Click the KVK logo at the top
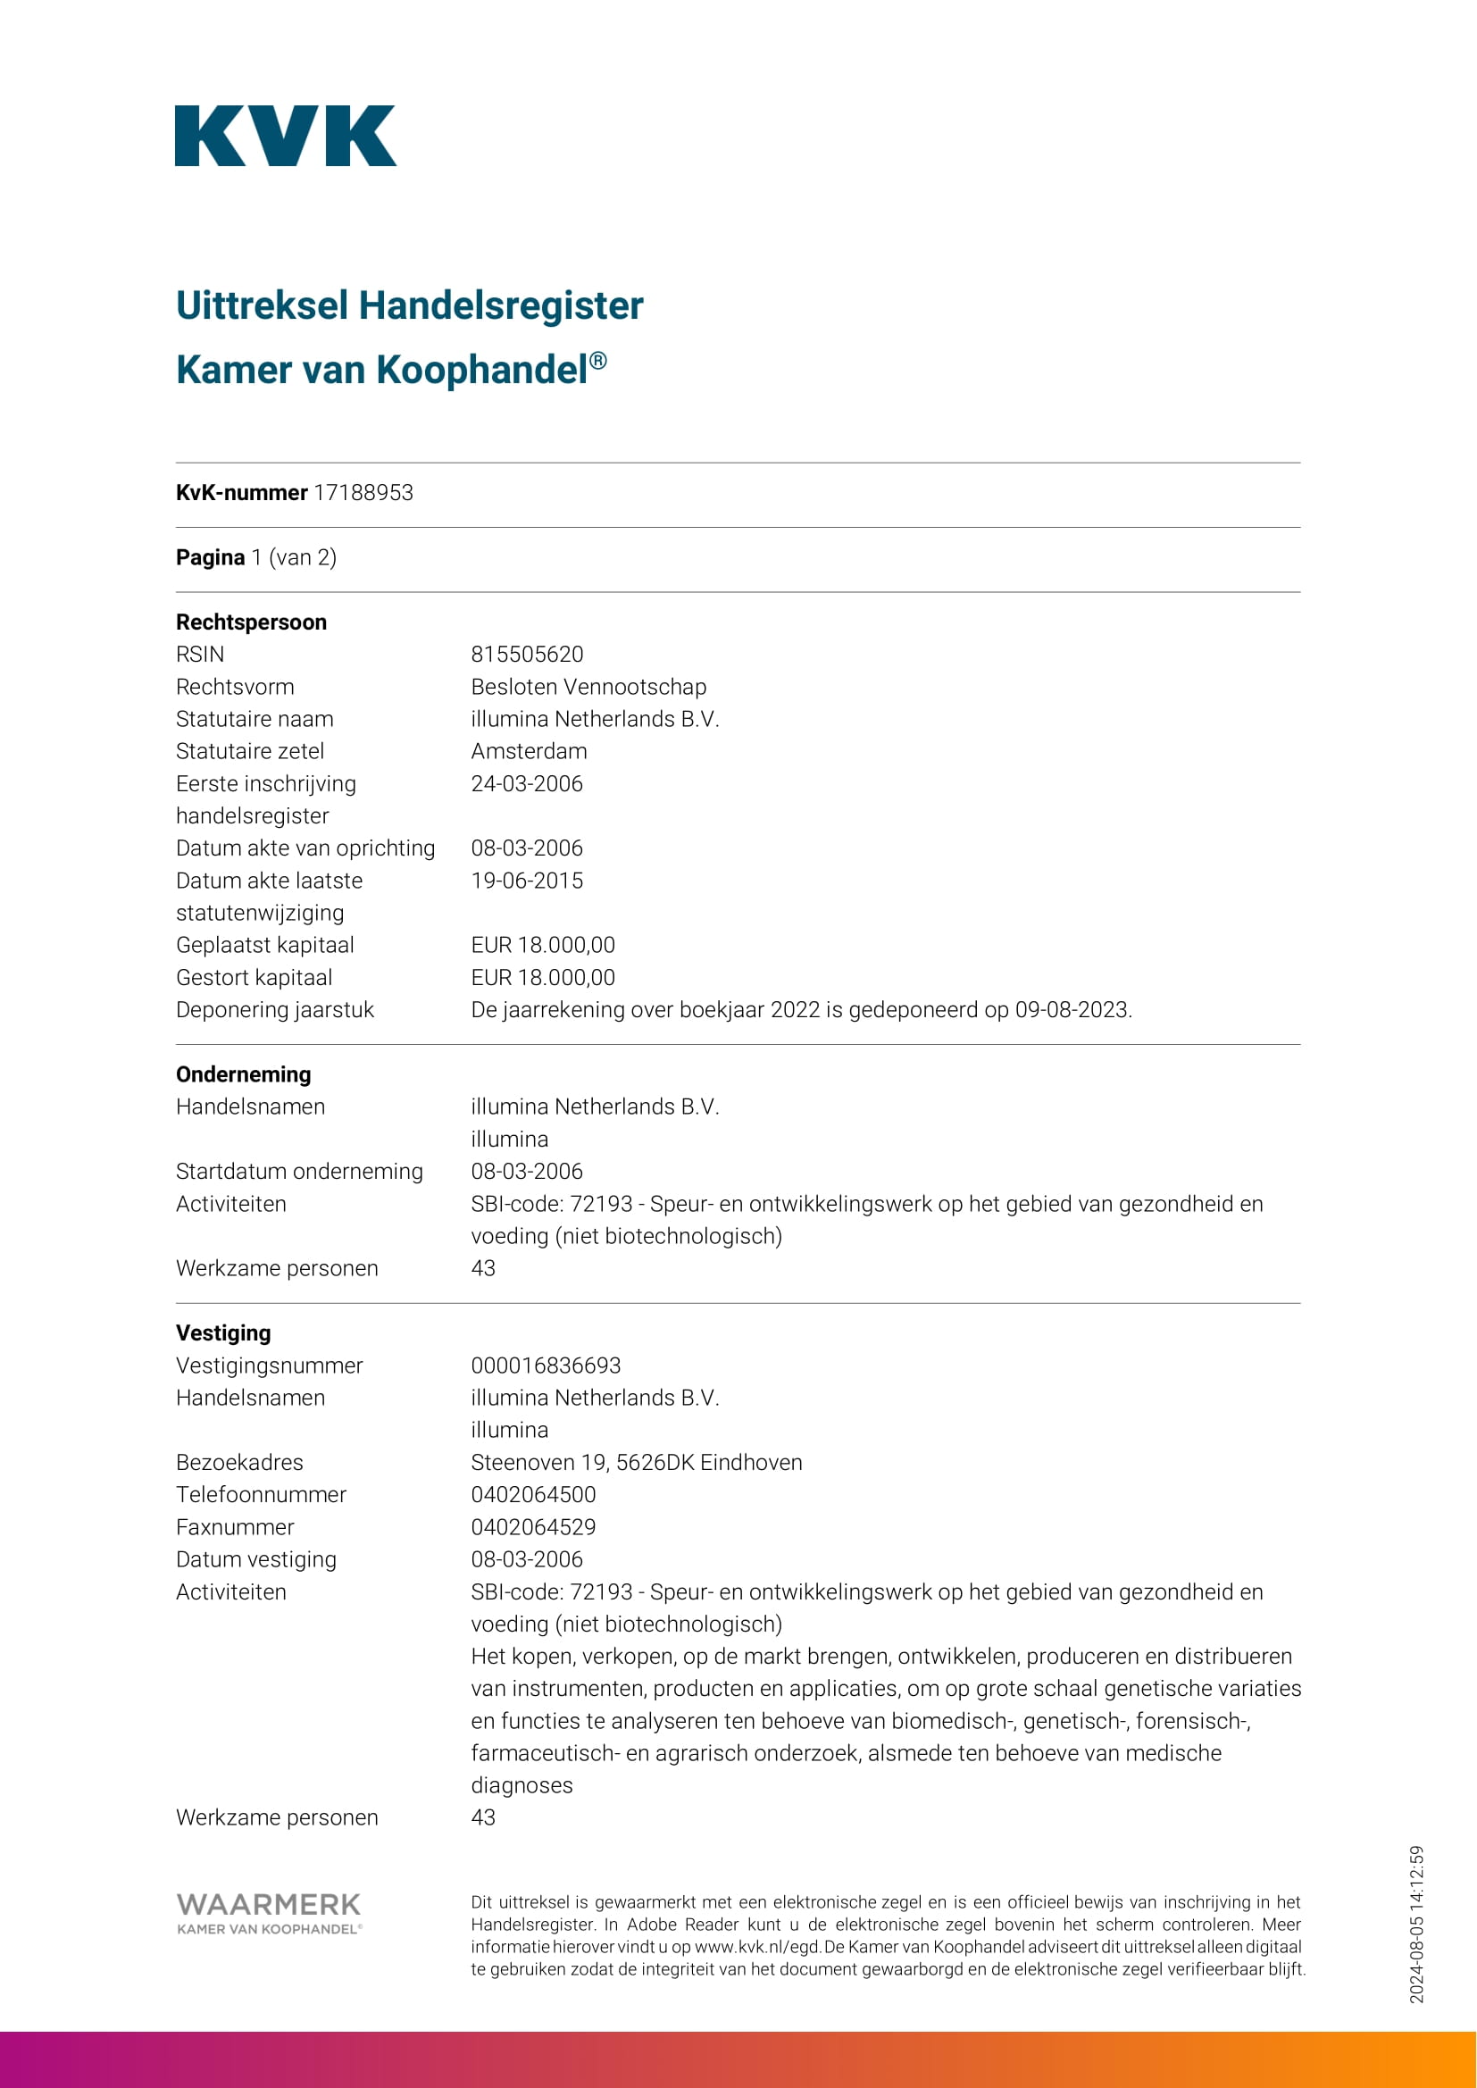(x=286, y=137)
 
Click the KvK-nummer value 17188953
(x=363, y=493)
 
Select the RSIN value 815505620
(x=527, y=655)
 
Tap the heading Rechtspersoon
(x=251, y=622)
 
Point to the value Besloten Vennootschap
(x=588, y=687)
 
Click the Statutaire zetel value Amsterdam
(x=529, y=751)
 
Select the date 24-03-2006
(x=527, y=784)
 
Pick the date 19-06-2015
(x=527, y=881)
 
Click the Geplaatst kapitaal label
(x=264, y=946)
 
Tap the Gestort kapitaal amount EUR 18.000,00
(x=542, y=978)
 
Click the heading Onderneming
(x=243, y=1074)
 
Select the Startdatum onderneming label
(x=299, y=1172)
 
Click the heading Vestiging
(x=223, y=1333)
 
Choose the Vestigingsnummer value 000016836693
(x=546, y=1365)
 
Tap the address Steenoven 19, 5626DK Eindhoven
(x=636, y=1462)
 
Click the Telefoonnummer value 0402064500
(x=533, y=1494)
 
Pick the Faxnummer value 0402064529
(x=533, y=1527)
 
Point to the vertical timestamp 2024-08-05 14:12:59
(x=1416, y=1924)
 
